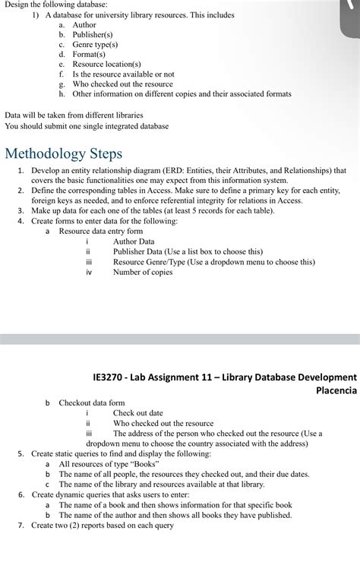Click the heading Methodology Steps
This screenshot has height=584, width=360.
click(x=63, y=153)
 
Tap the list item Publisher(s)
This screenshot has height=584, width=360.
click(x=92, y=35)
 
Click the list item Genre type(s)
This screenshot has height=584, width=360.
click(x=95, y=45)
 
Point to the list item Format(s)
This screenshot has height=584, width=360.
click(x=88, y=55)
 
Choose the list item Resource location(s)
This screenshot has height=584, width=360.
click(x=106, y=65)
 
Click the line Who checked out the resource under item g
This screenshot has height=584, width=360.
click(x=122, y=84)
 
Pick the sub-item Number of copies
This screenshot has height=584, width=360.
click(x=143, y=271)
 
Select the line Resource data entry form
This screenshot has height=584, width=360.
click(x=101, y=232)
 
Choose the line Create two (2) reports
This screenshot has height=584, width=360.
click(x=102, y=524)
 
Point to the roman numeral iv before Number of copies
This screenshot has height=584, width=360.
click(x=88, y=272)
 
